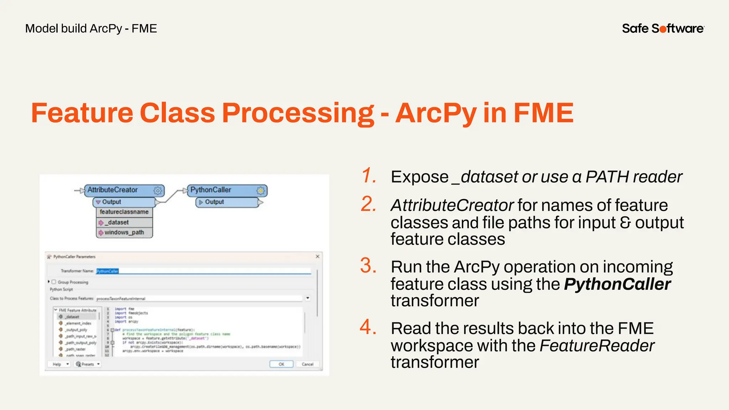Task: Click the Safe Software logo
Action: [x=663, y=28]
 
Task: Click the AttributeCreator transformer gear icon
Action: [x=158, y=190]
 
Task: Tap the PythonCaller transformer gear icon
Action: [x=261, y=190]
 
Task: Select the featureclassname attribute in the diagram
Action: [x=124, y=212]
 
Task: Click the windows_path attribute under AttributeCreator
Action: [x=124, y=232]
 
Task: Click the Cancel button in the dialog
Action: [x=307, y=364]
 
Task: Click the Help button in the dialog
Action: [x=57, y=364]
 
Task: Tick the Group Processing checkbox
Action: [x=54, y=282]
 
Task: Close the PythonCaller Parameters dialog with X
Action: [x=318, y=256]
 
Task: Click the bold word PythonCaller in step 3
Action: [x=617, y=284]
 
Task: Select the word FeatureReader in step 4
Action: [x=597, y=346]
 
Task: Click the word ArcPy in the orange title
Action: [x=436, y=113]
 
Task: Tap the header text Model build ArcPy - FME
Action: [x=91, y=28]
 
